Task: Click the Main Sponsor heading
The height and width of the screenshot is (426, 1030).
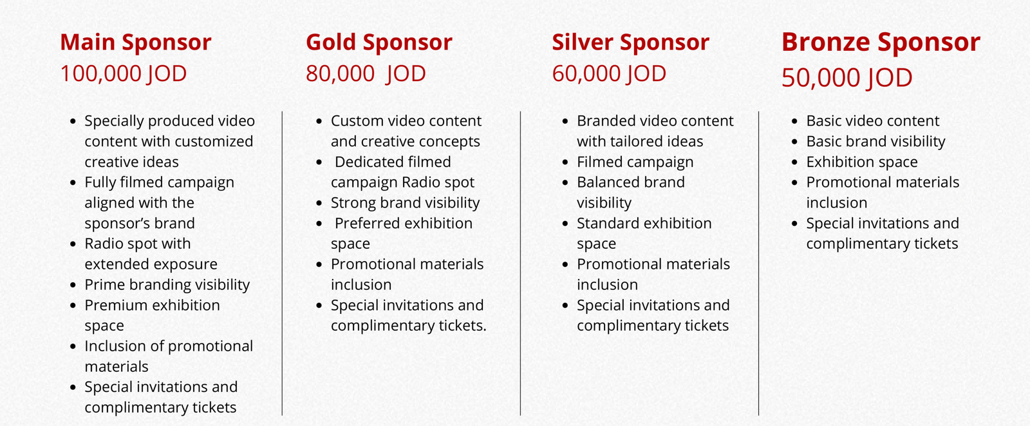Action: coord(136,43)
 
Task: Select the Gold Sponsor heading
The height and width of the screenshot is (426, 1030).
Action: coord(379,43)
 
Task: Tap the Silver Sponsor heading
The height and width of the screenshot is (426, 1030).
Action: coord(630,43)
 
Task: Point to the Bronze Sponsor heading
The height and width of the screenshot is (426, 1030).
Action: coord(881,43)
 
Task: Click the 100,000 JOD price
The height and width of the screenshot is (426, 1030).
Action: coord(123,73)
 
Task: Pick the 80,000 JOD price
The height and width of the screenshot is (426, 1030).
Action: coord(366,73)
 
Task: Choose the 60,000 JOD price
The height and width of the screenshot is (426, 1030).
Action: coord(609,73)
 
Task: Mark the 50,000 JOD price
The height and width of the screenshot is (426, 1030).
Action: coord(847,77)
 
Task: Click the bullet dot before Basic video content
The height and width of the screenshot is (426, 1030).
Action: coord(794,121)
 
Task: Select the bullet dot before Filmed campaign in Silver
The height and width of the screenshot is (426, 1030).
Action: coord(566,162)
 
